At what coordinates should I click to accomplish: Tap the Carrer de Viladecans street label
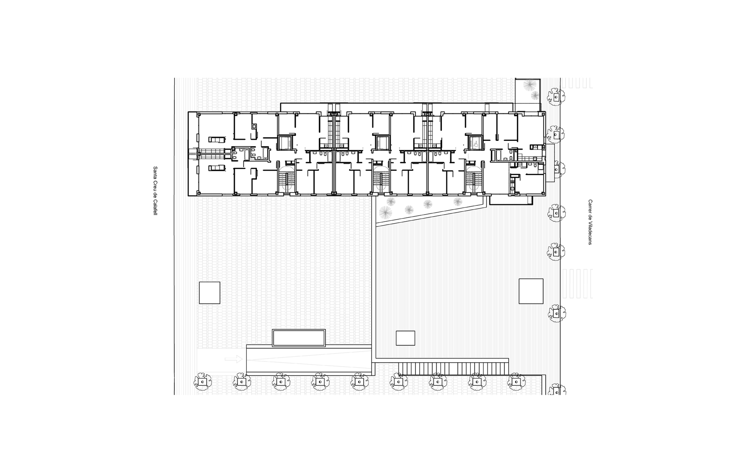tap(590, 222)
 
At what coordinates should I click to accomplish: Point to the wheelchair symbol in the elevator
tap(476, 143)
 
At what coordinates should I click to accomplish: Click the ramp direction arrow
tap(234, 359)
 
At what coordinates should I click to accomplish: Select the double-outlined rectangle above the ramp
tap(299, 338)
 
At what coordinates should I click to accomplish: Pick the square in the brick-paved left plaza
tap(209, 293)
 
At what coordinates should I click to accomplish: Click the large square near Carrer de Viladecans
tap(531, 291)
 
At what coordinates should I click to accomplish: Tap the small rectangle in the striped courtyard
tap(406, 338)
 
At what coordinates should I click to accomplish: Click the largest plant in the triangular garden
tap(385, 213)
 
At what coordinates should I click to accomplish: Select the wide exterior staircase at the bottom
tap(453, 368)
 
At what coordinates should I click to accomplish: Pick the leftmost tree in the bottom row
tap(202, 382)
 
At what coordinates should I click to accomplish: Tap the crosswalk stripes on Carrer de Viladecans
tap(577, 283)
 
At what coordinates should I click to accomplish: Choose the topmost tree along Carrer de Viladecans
tap(556, 97)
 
